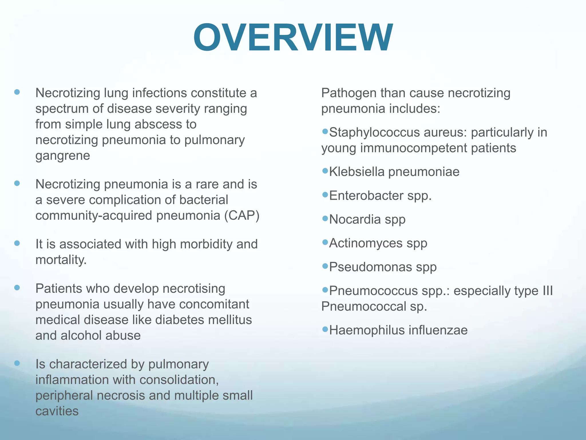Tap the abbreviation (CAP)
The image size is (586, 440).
[x=242, y=215]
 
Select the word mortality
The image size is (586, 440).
[x=61, y=260]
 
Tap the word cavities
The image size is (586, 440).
[x=57, y=411]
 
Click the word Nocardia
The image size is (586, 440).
[x=355, y=219]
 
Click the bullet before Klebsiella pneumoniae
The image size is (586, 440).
[x=325, y=171]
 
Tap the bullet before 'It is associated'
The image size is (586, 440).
[x=17, y=243]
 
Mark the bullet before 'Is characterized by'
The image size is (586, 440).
[x=17, y=363]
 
